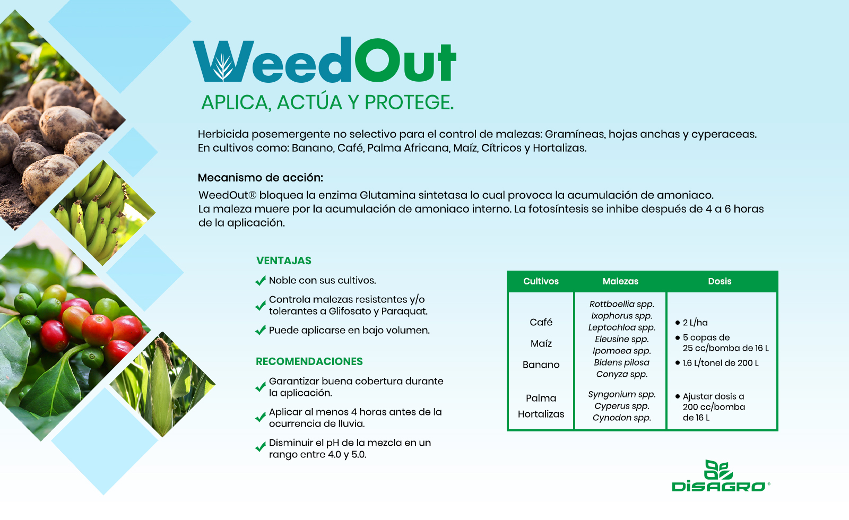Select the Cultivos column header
[x=541, y=281]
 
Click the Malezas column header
[x=620, y=281]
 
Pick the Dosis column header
[x=720, y=281]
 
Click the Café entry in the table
[x=541, y=322]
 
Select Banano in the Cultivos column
[x=541, y=365]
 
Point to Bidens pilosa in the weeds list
[x=621, y=363]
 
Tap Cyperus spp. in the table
[x=621, y=406]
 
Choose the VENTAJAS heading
[x=283, y=261]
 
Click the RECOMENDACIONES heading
[x=309, y=361]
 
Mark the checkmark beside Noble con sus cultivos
[x=261, y=281]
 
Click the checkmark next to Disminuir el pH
[x=261, y=447]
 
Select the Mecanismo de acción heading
[x=261, y=177]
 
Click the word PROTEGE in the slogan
[x=409, y=102]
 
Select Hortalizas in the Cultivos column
[x=541, y=414]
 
